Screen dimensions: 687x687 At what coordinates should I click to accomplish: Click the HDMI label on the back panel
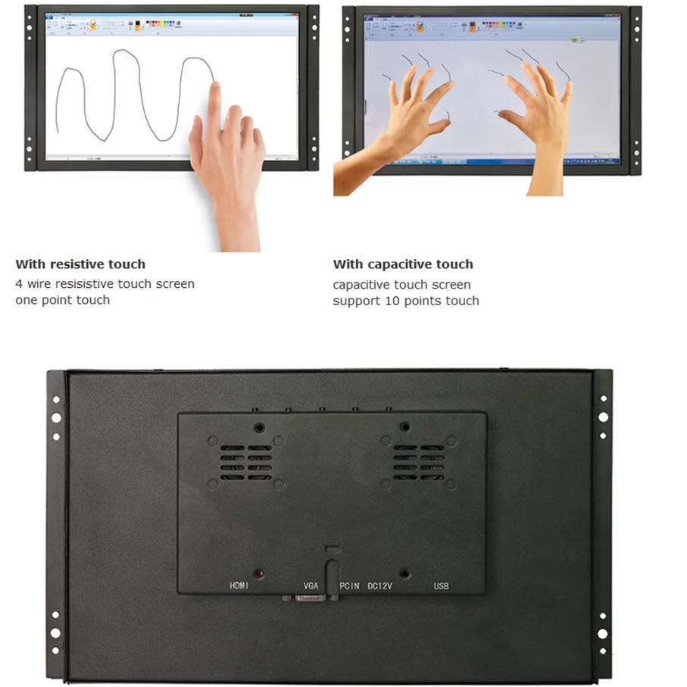pyautogui.click(x=240, y=586)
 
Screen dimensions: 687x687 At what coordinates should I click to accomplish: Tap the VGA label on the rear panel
pyautogui.click(x=311, y=586)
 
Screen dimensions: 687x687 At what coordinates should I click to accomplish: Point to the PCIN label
pyautogui.click(x=349, y=586)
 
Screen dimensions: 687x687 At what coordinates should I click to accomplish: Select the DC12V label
pyautogui.click(x=383, y=586)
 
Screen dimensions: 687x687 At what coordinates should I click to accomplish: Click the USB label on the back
pyautogui.click(x=441, y=586)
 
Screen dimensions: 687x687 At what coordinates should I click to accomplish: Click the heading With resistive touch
pyautogui.click(x=80, y=264)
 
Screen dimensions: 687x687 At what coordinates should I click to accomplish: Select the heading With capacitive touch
pyautogui.click(x=402, y=264)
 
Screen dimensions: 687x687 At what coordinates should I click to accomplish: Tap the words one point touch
pyautogui.click(x=62, y=300)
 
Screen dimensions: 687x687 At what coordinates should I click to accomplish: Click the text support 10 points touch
pyautogui.click(x=405, y=301)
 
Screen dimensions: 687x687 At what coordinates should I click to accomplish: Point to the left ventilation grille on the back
pyautogui.click(x=246, y=462)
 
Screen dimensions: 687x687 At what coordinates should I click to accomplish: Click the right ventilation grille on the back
pyautogui.click(x=419, y=462)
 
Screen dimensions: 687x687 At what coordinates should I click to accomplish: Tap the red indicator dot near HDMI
pyautogui.click(x=259, y=574)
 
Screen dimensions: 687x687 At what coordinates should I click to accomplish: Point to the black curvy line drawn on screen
pyautogui.click(x=121, y=91)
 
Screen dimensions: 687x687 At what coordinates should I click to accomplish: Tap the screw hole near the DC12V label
pyautogui.click(x=405, y=574)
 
